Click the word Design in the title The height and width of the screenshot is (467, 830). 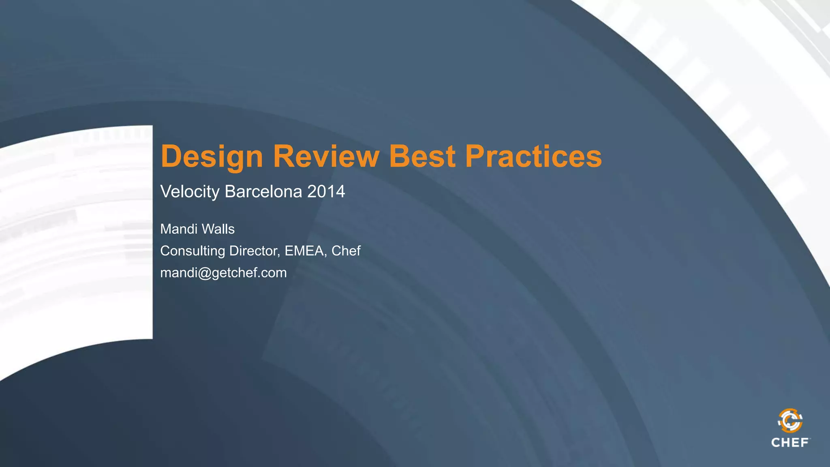coord(212,156)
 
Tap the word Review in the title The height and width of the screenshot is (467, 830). coord(326,156)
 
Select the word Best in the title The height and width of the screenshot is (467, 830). coord(422,156)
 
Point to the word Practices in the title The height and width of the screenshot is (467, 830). coord(533,156)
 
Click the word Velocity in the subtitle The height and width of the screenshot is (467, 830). coord(190,192)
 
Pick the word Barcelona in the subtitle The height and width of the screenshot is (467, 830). coord(263,191)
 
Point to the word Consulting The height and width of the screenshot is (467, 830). coord(193,251)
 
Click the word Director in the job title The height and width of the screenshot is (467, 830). coord(253,251)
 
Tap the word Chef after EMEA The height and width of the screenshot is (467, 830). coord(346,251)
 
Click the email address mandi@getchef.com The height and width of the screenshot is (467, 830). coord(223,273)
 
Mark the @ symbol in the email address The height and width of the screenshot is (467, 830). coord(205,273)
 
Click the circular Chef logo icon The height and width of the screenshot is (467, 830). coord(790,421)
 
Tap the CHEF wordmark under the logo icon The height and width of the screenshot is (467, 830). coord(790,443)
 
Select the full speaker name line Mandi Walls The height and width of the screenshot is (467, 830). coord(197,229)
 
